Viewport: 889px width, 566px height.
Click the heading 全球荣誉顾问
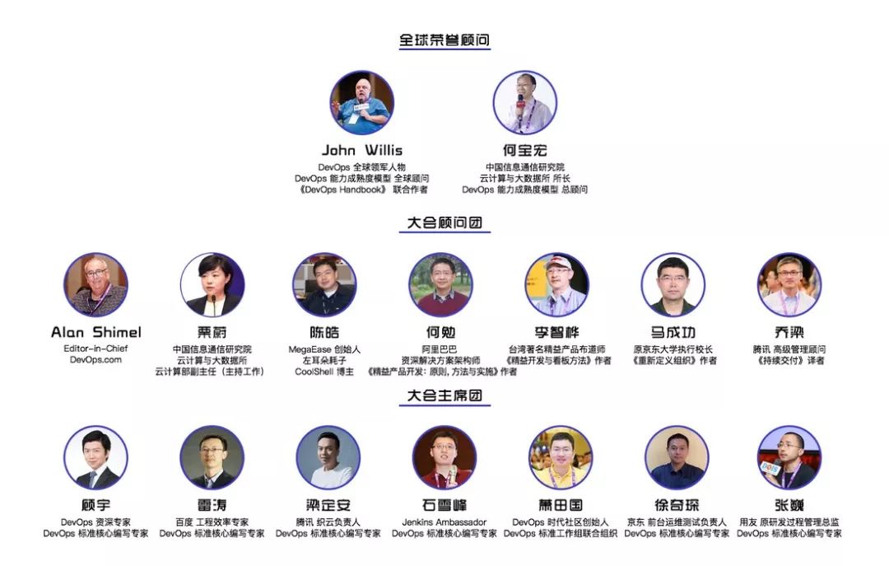(x=444, y=40)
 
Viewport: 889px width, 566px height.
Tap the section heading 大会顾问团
(x=444, y=222)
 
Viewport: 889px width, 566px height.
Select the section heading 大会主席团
(x=444, y=395)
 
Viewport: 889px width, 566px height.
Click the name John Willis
(x=361, y=150)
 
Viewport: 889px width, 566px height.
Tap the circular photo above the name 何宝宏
(x=525, y=103)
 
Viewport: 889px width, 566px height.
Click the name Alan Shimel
(x=95, y=332)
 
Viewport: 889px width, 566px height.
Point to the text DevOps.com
(x=95, y=360)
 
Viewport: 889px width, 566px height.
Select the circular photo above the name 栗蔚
(x=212, y=285)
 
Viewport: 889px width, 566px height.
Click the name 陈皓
(x=324, y=332)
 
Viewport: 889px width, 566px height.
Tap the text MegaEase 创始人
(x=324, y=348)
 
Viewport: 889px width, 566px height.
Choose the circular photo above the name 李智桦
(x=557, y=285)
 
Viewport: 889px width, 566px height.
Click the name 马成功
(x=673, y=332)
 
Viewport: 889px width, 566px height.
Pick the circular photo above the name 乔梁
(x=789, y=285)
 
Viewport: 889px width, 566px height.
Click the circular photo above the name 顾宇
(x=95, y=457)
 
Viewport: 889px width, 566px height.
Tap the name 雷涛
(x=212, y=505)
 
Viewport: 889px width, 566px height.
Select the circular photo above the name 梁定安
(x=328, y=457)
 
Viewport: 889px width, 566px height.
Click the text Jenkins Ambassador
(x=444, y=522)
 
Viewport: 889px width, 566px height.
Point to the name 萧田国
(x=560, y=505)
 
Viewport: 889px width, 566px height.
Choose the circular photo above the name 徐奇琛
(x=677, y=457)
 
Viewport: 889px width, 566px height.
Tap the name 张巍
(x=789, y=505)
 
